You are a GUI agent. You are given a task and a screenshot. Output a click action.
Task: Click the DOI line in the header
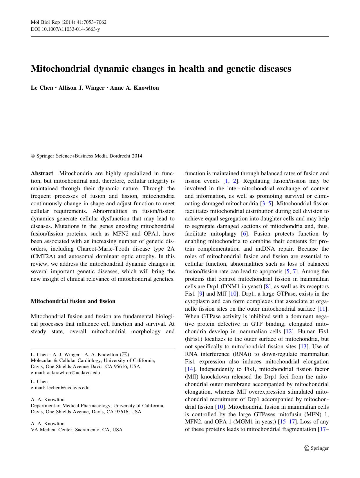65,29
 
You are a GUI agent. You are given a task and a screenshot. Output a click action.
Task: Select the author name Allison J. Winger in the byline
81,88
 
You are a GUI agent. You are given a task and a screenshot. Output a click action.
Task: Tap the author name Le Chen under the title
42,88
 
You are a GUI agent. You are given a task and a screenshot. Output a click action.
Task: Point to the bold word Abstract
42,173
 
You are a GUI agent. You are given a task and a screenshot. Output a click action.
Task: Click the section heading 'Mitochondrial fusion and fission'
73,301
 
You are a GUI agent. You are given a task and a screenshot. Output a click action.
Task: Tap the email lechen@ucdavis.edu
68,388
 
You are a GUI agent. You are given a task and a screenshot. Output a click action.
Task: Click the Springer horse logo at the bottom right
307,448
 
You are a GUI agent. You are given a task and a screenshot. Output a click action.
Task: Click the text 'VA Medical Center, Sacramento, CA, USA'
77,430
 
